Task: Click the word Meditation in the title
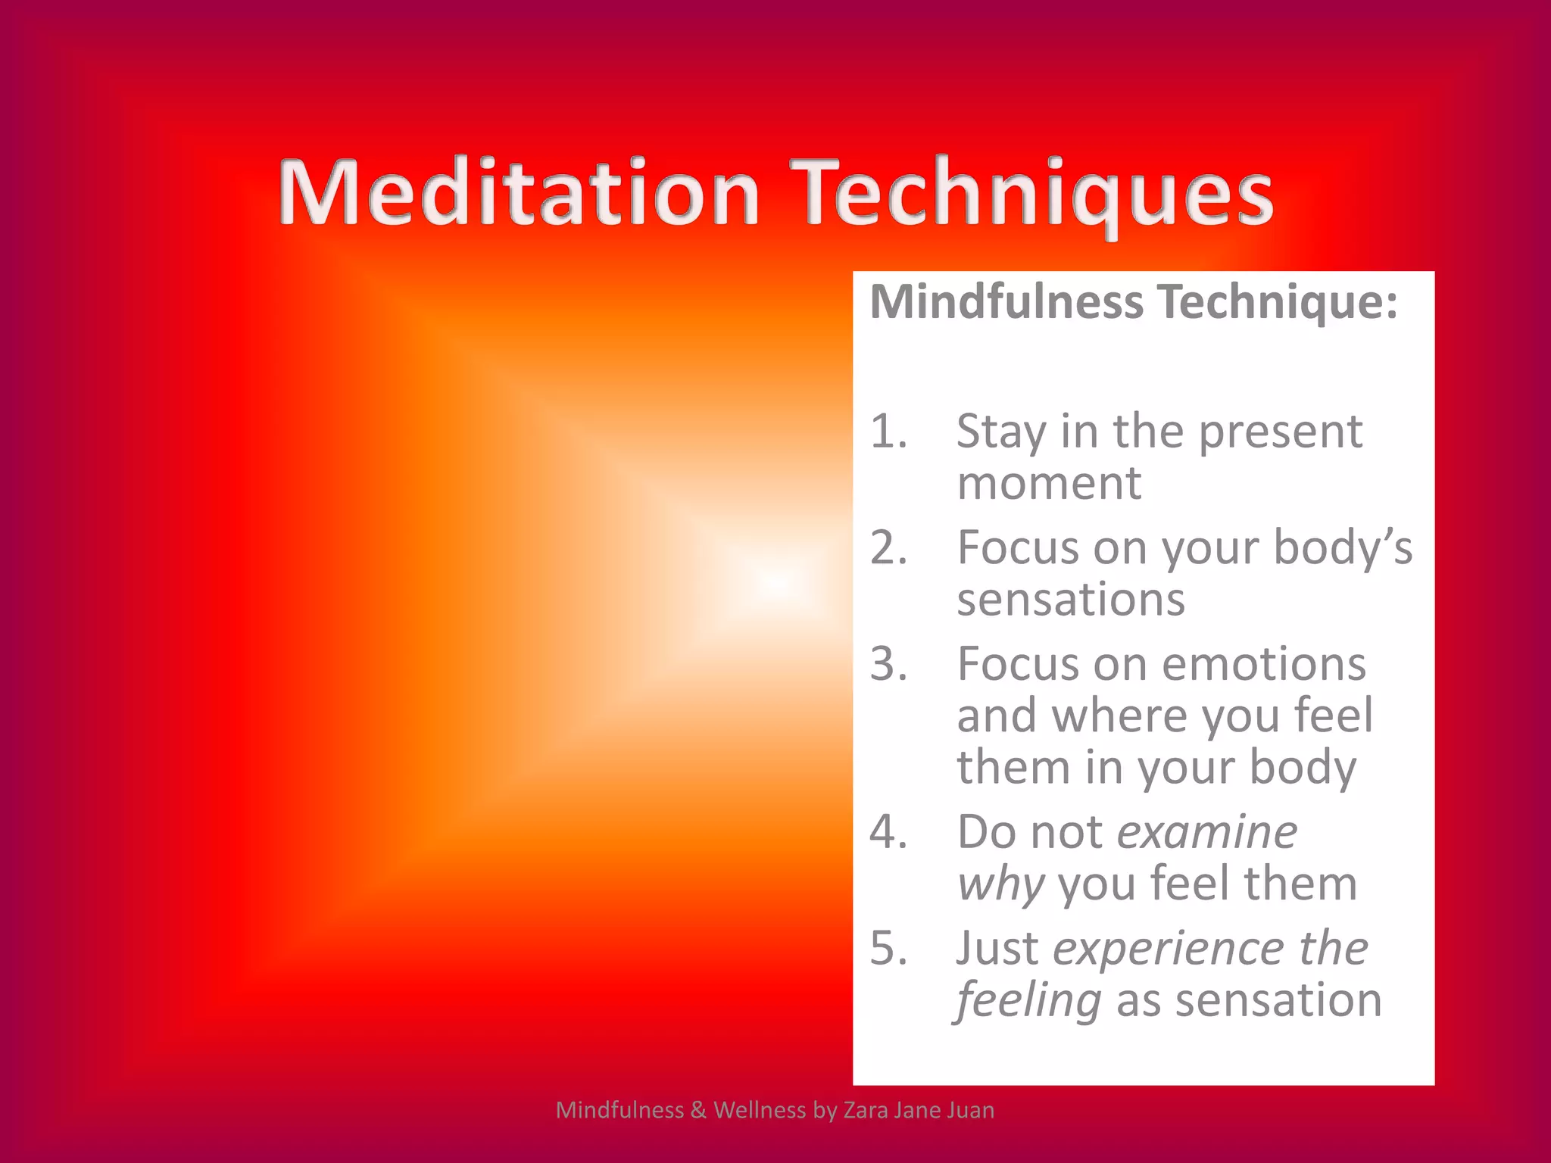[x=519, y=193]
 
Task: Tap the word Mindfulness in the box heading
[x=1006, y=301]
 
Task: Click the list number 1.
[x=888, y=432]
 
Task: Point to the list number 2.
[x=888, y=547]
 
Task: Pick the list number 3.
[x=888, y=664]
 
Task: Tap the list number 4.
[x=888, y=832]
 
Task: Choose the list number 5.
[x=888, y=948]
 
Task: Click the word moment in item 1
[x=1049, y=484]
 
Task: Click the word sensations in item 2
[x=1070, y=600]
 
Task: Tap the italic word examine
[x=1207, y=832]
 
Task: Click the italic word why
[x=1000, y=884]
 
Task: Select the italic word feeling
[x=1028, y=1001]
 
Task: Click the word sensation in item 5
[x=1278, y=1001]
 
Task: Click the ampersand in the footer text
[x=697, y=1110]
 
